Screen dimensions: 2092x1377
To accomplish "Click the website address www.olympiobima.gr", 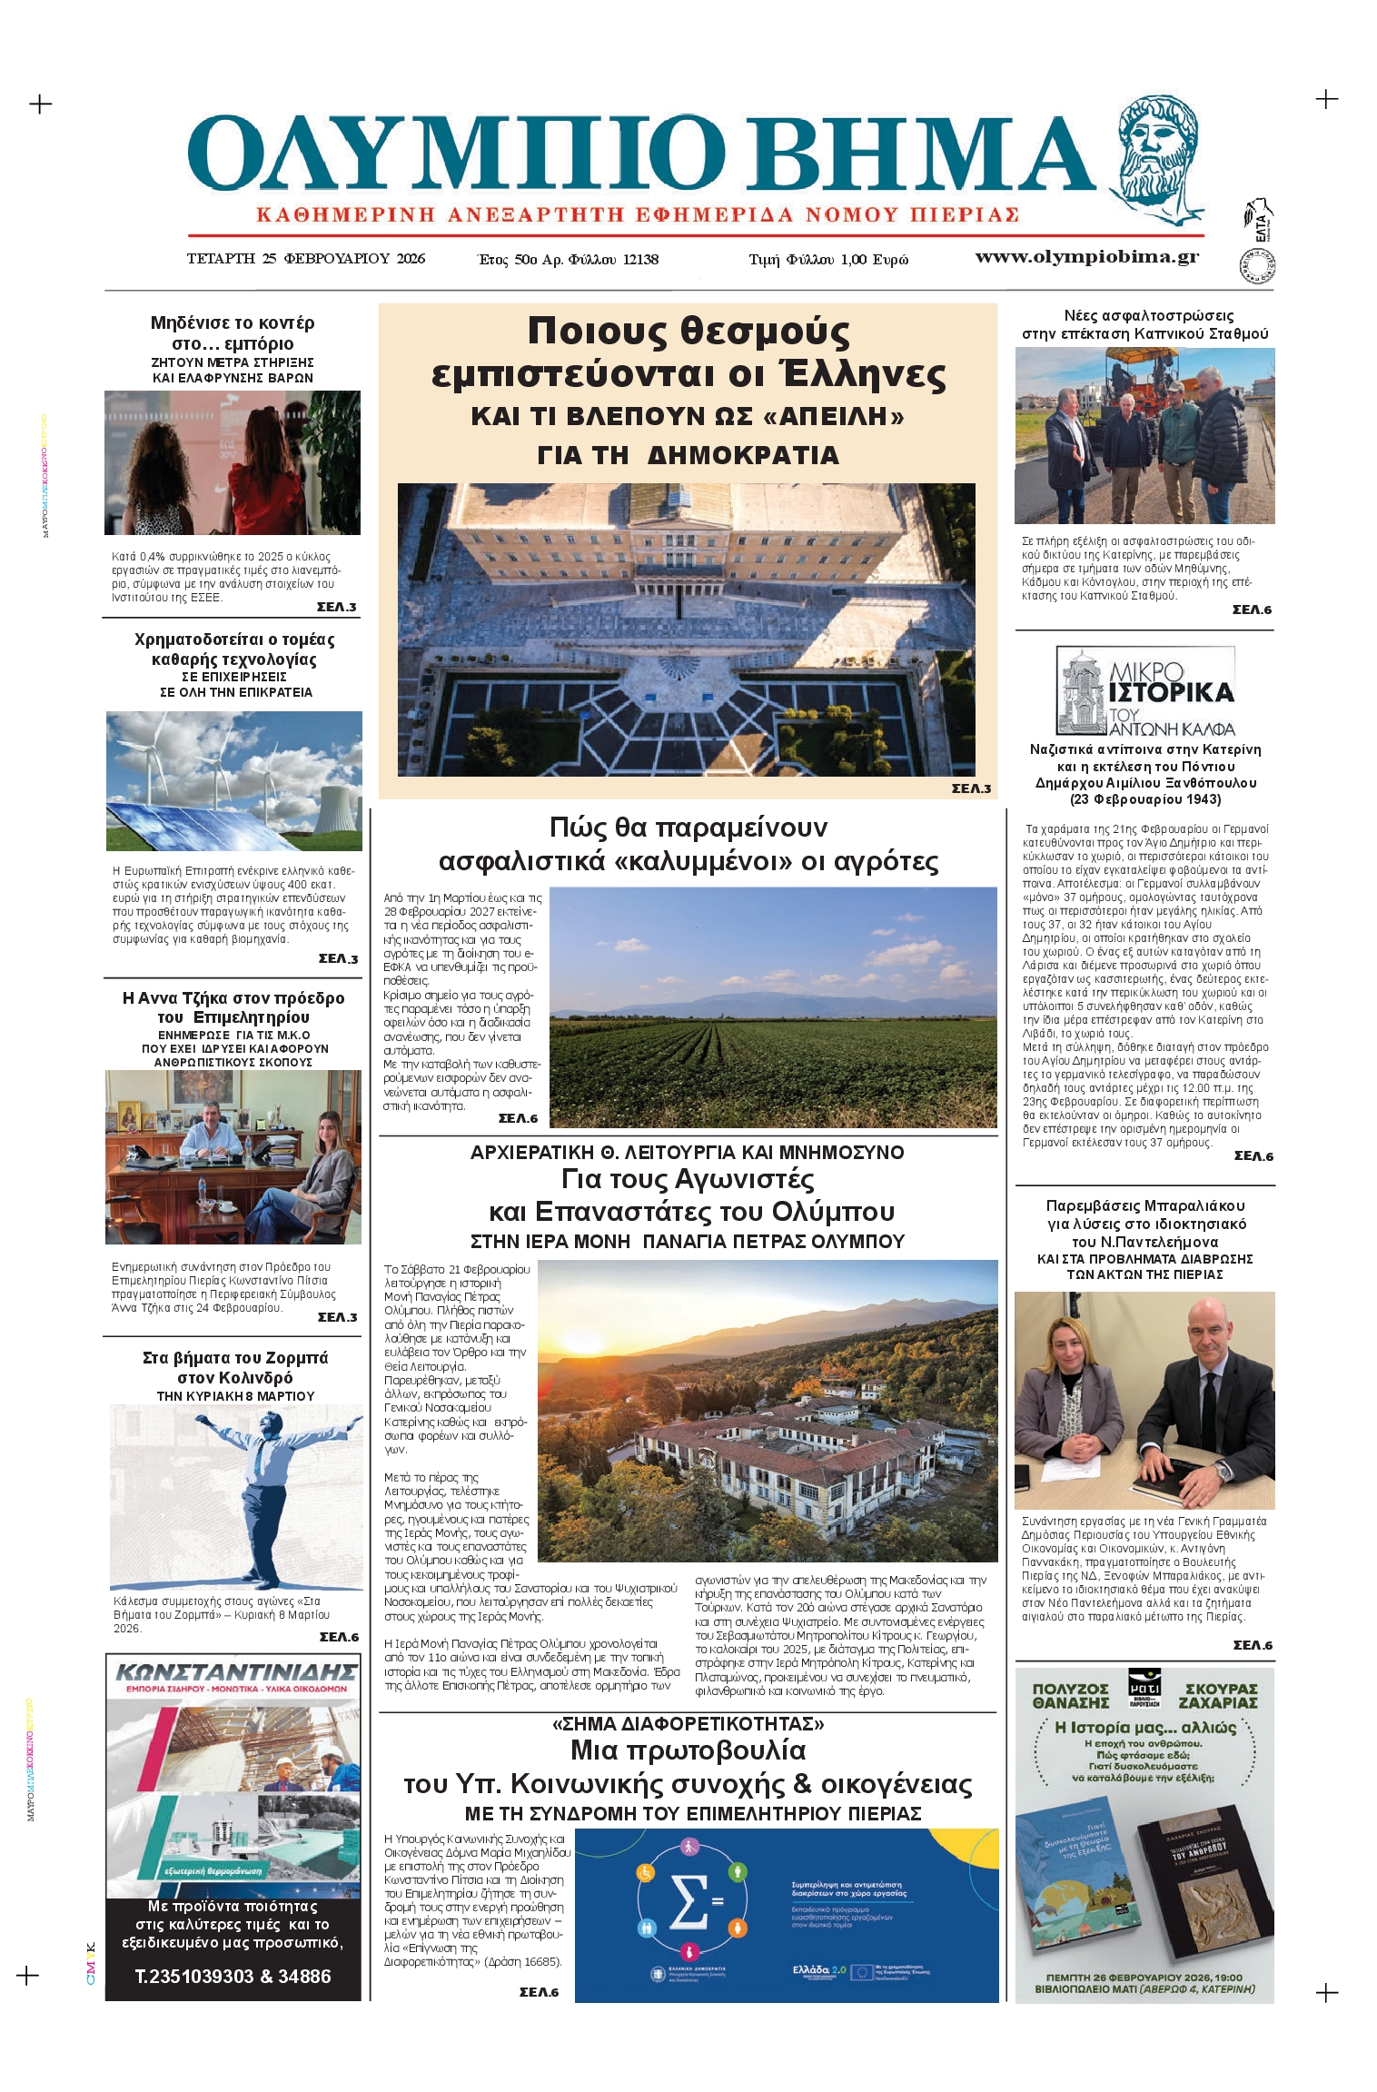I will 1086,257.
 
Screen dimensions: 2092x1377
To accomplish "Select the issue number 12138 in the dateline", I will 640,260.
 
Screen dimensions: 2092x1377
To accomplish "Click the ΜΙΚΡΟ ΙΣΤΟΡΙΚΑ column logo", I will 1144,691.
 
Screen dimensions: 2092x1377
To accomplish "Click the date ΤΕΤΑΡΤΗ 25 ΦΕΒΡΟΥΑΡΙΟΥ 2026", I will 305,259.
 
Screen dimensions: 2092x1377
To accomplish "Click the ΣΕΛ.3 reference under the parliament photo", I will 970,788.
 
